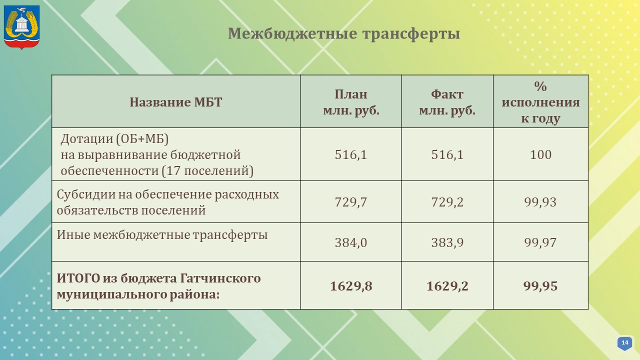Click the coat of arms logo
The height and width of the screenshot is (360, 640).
coord(21,27)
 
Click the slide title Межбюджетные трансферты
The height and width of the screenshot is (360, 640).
coord(343,33)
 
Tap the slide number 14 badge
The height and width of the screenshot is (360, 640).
coord(624,343)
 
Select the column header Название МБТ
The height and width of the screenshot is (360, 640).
coord(175,102)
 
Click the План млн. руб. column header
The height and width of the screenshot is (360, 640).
coord(351,102)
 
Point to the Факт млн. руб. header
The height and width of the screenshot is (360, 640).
coord(447,102)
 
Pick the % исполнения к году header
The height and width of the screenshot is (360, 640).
coord(540,102)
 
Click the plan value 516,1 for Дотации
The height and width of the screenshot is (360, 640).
coord(351,154)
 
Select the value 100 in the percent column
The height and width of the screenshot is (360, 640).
coord(540,154)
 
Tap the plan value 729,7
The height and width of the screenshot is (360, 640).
coord(351,202)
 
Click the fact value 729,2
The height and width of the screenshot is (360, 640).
coord(447,202)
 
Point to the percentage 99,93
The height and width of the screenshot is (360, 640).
coord(540,202)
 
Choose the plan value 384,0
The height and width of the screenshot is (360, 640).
coord(351,242)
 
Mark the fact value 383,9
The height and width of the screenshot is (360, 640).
coord(447,242)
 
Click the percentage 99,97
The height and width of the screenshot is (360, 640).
coord(540,242)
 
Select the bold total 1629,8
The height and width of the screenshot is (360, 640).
coord(351,286)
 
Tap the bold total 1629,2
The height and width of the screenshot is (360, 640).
coord(447,286)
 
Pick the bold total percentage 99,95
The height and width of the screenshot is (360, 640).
coord(540,286)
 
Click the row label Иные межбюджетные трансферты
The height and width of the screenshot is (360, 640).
coord(162,235)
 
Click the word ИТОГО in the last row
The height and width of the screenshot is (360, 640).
coord(78,278)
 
